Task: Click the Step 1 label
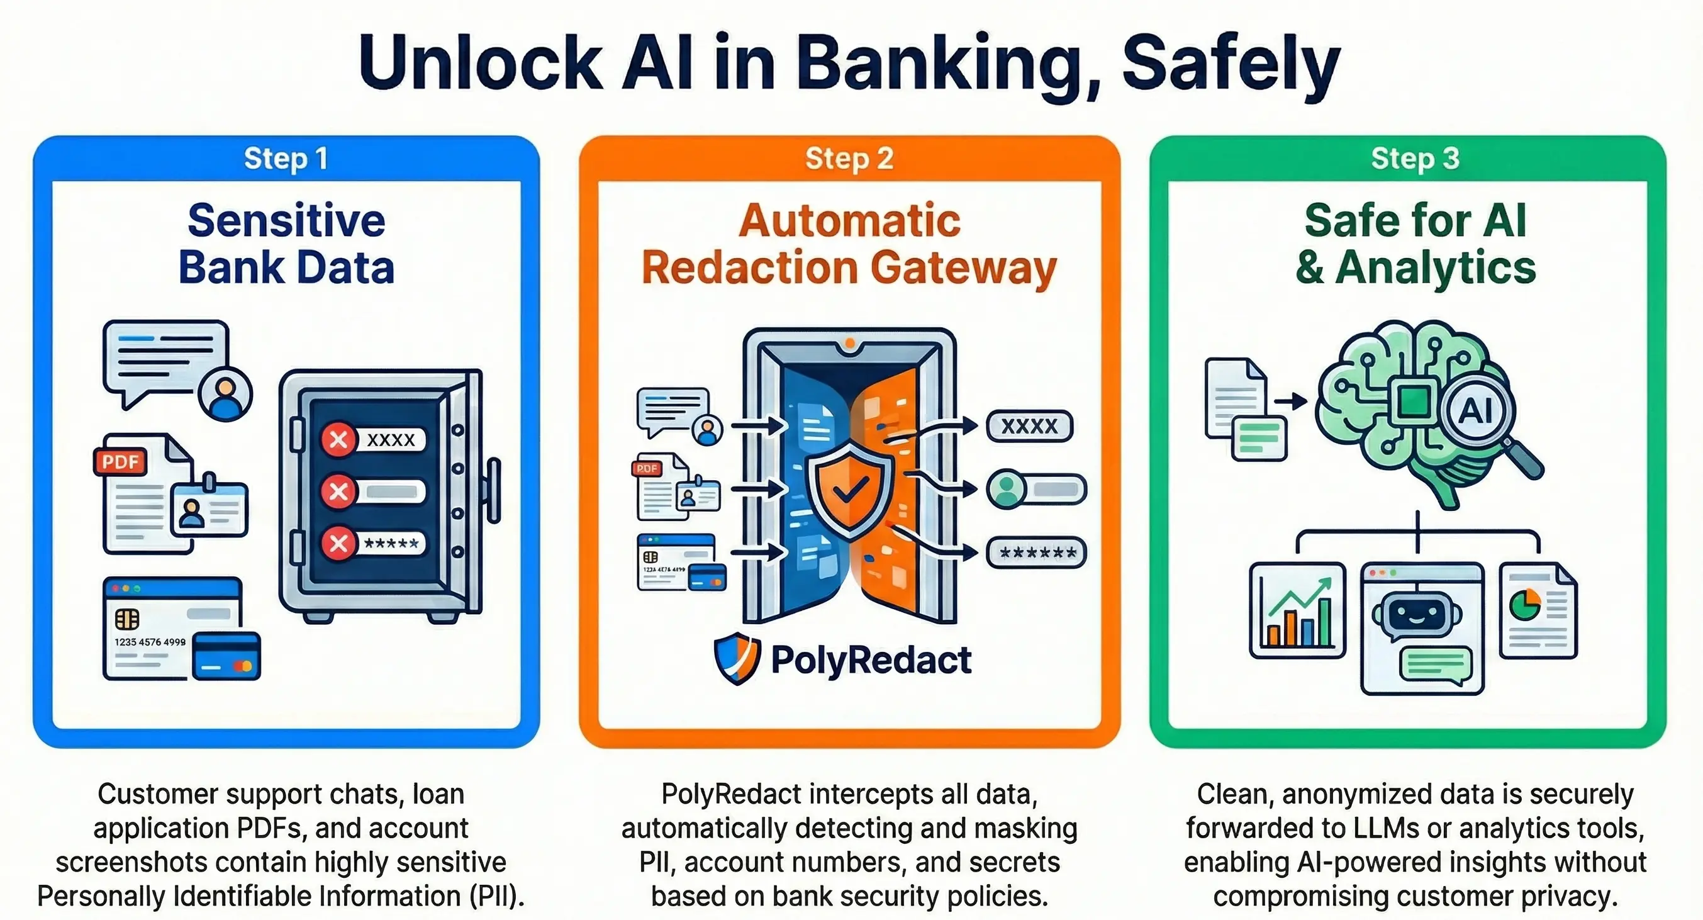click(x=286, y=159)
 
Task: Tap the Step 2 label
click(x=849, y=159)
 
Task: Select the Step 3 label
click(x=1415, y=159)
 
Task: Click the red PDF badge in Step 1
click(x=120, y=461)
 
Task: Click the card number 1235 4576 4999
click(x=150, y=642)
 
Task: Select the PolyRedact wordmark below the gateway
click(x=871, y=660)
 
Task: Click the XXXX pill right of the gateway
click(x=1029, y=426)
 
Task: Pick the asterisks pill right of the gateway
click(x=1036, y=553)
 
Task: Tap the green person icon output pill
click(x=1036, y=490)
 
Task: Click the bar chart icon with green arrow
click(x=1297, y=610)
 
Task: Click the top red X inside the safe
click(x=338, y=439)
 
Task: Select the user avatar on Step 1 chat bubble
click(x=225, y=393)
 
